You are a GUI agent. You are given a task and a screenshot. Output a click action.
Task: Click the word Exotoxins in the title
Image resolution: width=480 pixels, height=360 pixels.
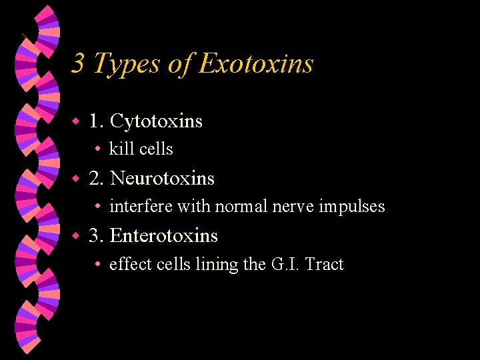coord(256,64)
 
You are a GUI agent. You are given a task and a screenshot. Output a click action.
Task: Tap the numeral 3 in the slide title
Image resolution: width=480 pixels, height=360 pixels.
coord(78,64)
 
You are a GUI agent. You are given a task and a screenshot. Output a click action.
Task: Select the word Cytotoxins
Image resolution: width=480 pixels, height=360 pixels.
coord(156,121)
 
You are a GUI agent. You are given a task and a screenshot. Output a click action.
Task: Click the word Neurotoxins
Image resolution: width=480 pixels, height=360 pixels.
coord(162,179)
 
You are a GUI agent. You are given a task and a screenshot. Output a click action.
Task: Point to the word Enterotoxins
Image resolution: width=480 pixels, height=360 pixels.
coord(164,236)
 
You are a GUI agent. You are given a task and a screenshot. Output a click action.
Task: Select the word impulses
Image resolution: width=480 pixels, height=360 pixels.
coord(351,207)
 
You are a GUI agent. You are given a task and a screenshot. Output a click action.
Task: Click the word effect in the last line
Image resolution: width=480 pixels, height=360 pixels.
coord(131,264)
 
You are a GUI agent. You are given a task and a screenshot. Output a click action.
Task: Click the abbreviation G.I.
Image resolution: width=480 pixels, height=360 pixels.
coord(284,264)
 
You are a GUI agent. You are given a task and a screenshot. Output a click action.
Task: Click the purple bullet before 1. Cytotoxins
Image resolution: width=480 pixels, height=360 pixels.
coord(77,122)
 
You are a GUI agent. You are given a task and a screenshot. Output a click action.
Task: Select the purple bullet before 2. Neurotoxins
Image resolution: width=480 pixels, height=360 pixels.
coord(77,179)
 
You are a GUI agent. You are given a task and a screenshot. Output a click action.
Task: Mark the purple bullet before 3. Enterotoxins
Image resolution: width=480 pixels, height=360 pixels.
coord(77,237)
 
